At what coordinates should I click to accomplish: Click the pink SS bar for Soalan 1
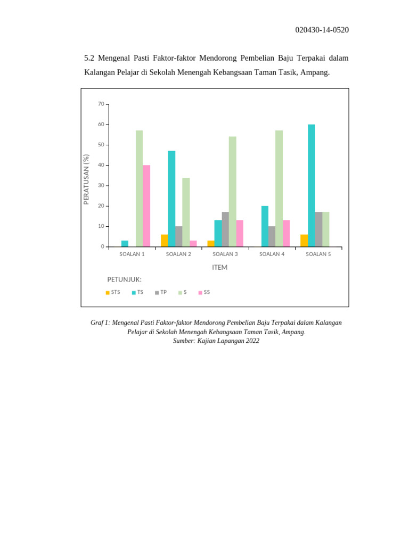(146, 206)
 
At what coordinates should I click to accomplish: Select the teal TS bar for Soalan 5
(312, 186)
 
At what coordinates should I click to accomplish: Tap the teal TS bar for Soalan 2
(171, 199)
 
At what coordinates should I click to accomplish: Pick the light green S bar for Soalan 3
(233, 192)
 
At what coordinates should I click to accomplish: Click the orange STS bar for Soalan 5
(304, 241)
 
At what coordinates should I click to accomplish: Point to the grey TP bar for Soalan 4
(272, 237)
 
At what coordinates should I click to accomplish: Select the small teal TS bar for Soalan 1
(125, 244)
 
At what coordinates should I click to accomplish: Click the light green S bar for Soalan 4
(279, 188)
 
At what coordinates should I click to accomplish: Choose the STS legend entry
(113, 292)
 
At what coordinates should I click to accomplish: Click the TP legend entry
(161, 292)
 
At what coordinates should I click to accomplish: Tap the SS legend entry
(204, 292)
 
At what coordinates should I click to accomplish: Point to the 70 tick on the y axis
(101, 104)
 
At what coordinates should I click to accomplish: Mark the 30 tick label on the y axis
(101, 186)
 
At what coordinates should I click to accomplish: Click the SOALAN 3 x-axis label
(225, 254)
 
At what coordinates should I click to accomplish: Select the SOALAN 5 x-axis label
(318, 254)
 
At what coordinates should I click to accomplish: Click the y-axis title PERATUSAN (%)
(86, 179)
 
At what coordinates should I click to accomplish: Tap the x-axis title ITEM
(219, 268)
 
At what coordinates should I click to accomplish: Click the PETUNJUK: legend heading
(124, 279)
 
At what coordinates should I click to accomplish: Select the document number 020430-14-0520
(322, 30)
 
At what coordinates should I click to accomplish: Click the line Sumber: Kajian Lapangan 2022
(216, 341)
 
